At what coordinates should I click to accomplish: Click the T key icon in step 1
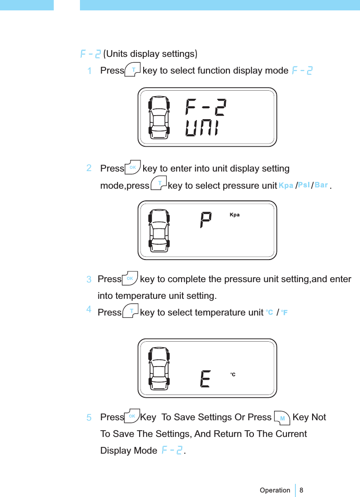click(133, 70)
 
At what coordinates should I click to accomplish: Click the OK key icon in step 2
click(133, 167)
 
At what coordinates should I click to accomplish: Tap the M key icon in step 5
click(282, 418)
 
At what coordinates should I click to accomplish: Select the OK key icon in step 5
click(132, 416)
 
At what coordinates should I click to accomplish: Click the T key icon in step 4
click(131, 311)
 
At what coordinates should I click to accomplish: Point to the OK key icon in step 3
click(130, 279)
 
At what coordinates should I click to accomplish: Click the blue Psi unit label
click(304, 185)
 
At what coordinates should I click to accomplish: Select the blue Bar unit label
click(321, 185)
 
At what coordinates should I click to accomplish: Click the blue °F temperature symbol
click(285, 312)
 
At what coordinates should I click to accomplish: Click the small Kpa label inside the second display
click(234, 215)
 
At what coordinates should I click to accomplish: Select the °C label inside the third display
click(233, 375)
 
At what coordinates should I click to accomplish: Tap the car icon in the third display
click(159, 368)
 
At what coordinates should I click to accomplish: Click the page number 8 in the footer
click(302, 490)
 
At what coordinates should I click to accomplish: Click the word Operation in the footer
click(275, 490)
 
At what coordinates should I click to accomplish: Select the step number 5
click(89, 418)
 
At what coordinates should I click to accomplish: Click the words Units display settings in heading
click(150, 54)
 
